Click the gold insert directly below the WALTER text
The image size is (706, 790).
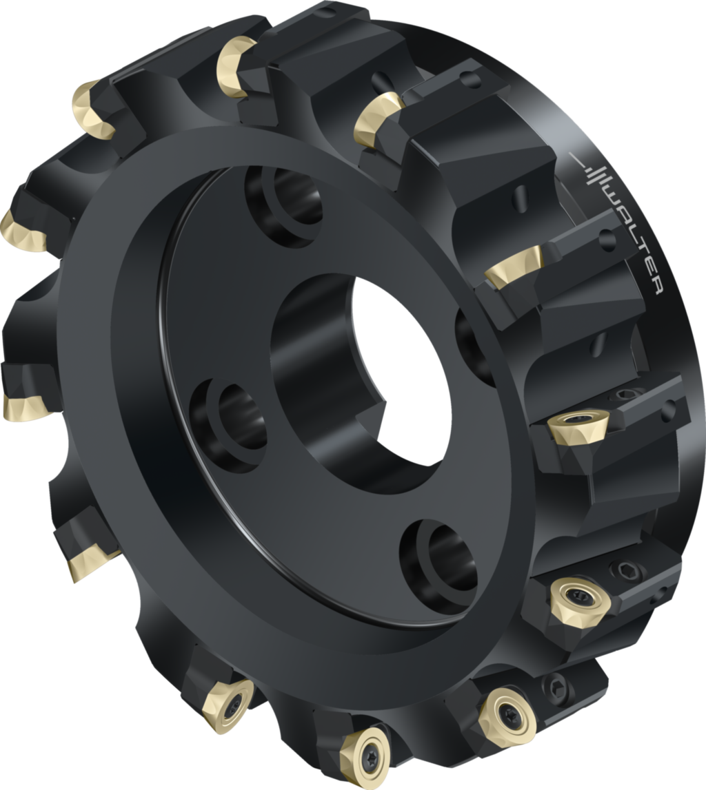point(514,269)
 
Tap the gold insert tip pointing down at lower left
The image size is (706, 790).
point(86,561)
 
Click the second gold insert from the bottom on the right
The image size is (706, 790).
point(507,716)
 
